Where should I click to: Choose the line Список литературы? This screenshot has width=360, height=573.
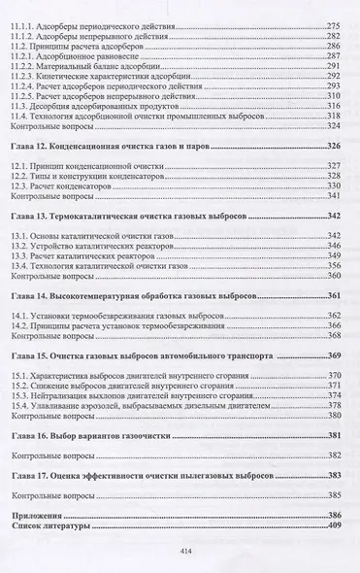click(54, 523)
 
